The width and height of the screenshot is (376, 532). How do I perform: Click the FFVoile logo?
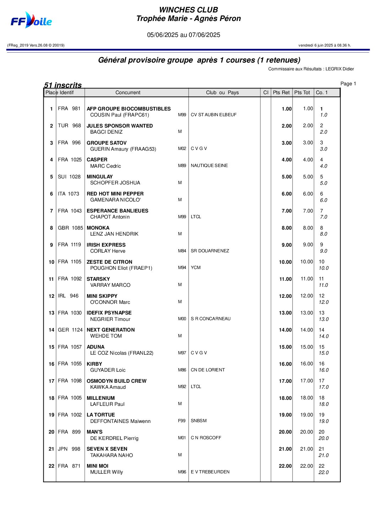click(x=31, y=21)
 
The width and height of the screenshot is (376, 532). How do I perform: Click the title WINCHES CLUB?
click(x=188, y=10)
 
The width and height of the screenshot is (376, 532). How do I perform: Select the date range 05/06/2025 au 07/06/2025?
click(x=184, y=35)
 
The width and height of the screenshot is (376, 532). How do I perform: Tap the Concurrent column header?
click(x=128, y=92)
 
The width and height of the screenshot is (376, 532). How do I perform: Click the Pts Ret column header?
click(x=281, y=92)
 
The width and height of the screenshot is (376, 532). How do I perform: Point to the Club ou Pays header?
click(x=222, y=92)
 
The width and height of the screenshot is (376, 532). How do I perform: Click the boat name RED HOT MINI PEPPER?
click(x=115, y=194)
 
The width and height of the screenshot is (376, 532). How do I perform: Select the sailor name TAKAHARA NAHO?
click(x=112, y=455)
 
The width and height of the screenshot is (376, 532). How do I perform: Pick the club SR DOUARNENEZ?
click(x=210, y=251)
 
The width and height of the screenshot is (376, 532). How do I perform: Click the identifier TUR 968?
click(x=69, y=125)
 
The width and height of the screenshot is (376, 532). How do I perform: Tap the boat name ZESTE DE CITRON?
click(x=109, y=262)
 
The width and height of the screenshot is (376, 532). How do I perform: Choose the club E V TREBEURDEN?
click(x=210, y=472)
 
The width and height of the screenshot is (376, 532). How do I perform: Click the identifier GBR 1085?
click(x=70, y=228)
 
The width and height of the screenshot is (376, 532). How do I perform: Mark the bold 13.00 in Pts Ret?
click(x=285, y=313)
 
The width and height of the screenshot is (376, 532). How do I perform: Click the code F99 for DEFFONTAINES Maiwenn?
click(x=182, y=421)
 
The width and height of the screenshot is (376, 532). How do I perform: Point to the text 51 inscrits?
click(x=63, y=85)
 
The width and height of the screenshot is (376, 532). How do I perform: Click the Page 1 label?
click(x=348, y=84)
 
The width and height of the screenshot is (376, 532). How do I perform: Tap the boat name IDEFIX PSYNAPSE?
click(x=109, y=313)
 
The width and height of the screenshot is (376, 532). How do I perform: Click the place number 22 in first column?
click(x=52, y=466)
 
